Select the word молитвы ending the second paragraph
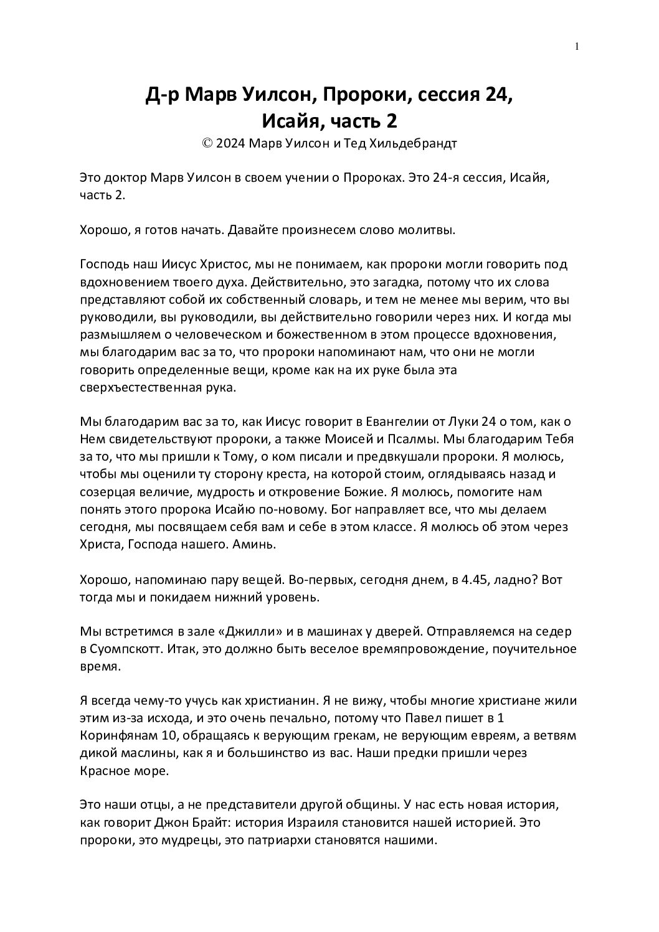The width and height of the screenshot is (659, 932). pos(428,230)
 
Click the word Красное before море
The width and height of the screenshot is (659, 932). pos(107,770)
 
